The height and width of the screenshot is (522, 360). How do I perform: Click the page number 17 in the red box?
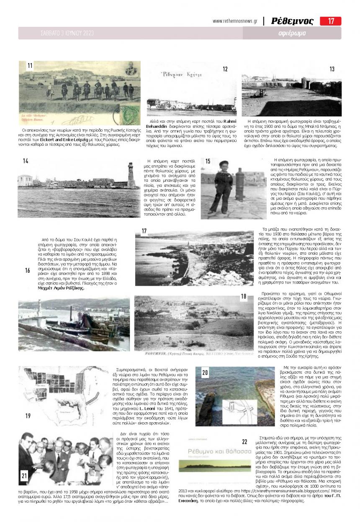coord(331,21)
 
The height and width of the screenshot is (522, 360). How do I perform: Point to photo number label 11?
coord(30,66)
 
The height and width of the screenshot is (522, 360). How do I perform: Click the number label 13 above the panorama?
coord(332,70)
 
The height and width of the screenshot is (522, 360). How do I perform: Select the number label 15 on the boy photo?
coord(208,161)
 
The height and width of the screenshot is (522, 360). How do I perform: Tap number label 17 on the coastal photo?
coord(144,231)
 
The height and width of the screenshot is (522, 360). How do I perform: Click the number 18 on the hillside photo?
coord(243,297)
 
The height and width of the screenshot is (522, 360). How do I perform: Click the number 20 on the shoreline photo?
coord(205,372)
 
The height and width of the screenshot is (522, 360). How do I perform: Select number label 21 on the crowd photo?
coord(24,475)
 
